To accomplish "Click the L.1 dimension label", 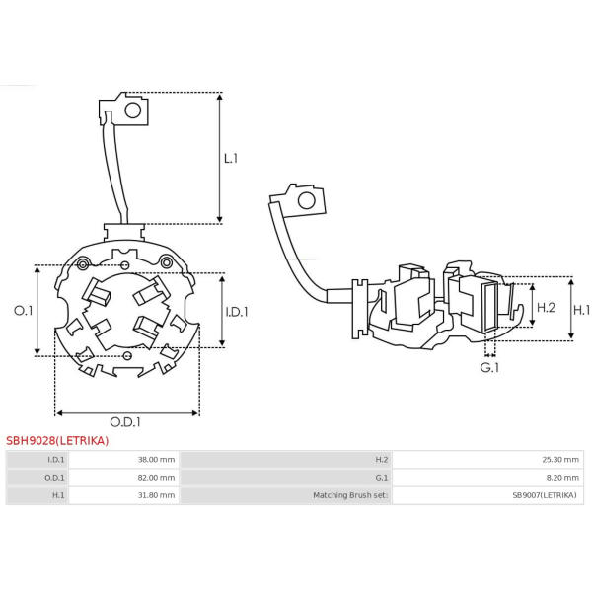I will pyautogui.click(x=231, y=158).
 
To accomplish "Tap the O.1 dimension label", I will pyautogui.click(x=23, y=311).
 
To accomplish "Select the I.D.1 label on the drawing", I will pyautogui.click(x=237, y=312).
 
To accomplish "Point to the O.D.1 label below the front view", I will pyautogui.click(x=125, y=422).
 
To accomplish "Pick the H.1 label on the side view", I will pyautogui.click(x=582, y=309).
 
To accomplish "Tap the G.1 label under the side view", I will pyautogui.click(x=489, y=367).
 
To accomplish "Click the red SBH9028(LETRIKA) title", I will pyautogui.click(x=57, y=441).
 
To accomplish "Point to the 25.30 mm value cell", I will pyautogui.click(x=555, y=460).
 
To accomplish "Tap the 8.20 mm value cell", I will pyautogui.click(x=557, y=478).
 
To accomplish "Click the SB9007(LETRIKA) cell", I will pyautogui.click(x=544, y=495).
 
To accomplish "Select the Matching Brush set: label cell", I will pyautogui.click(x=350, y=495).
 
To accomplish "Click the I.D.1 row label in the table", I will pyautogui.click(x=56, y=460).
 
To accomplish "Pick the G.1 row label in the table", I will pyautogui.click(x=381, y=478).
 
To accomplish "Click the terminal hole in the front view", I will pyautogui.click(x=134, y=111).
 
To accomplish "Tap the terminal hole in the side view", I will pyautogui.click(x=306, y=201).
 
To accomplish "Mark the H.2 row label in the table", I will pyautogui.click(x=381, y=460).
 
